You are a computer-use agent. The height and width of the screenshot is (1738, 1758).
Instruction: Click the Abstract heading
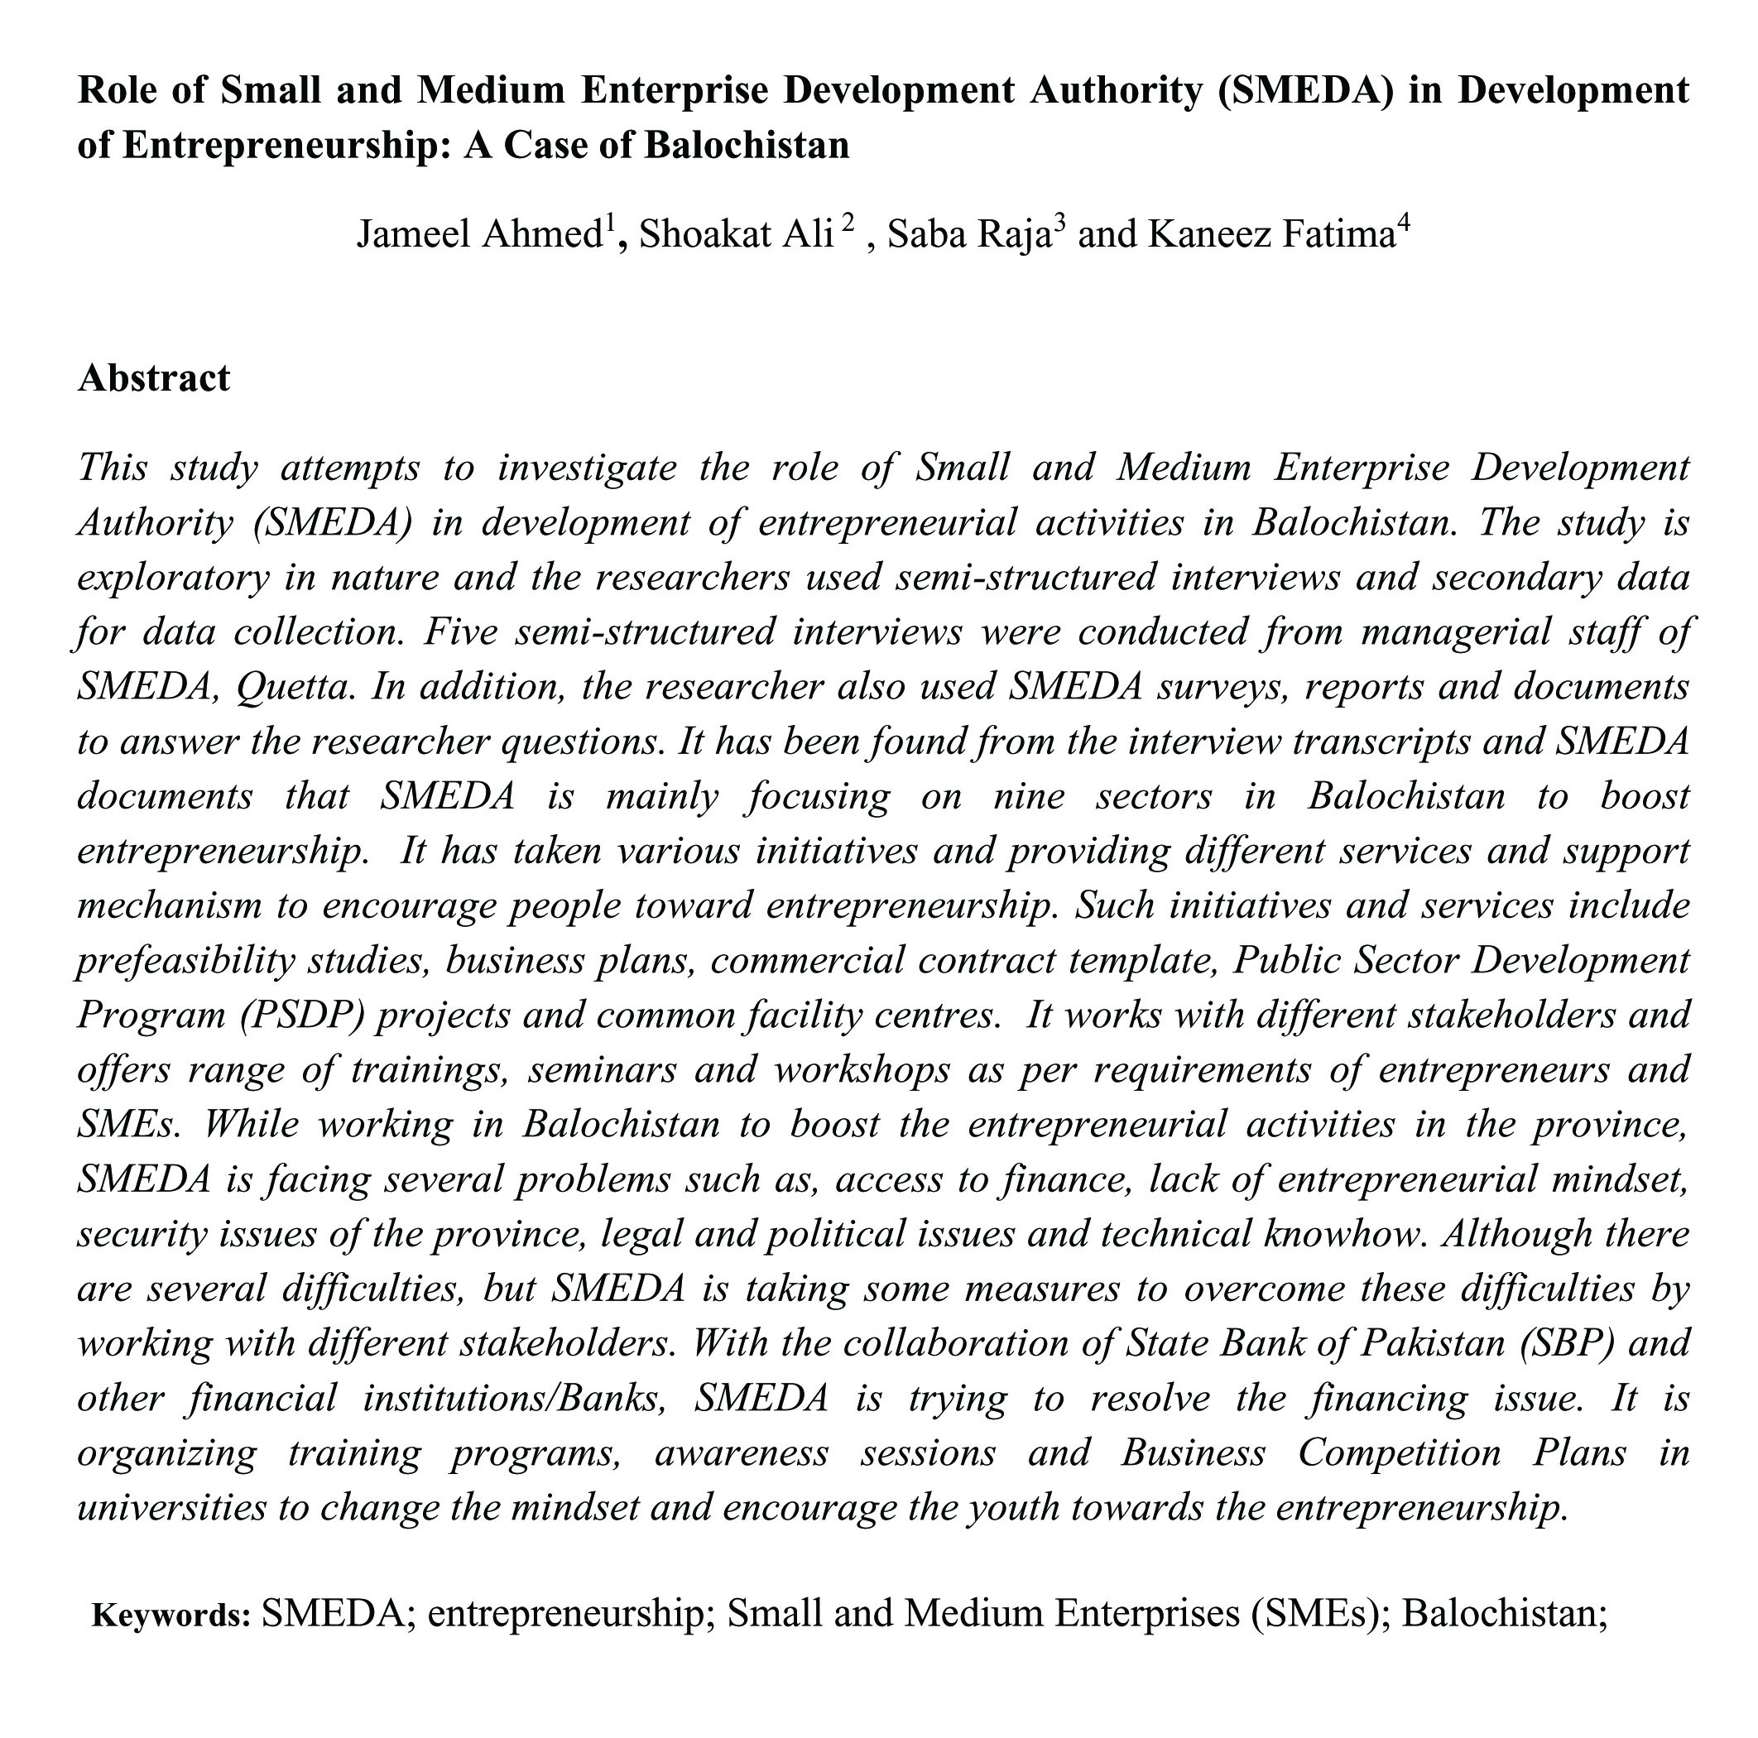click(154, 378)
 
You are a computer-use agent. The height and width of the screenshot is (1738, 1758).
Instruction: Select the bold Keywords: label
click(171, 1616)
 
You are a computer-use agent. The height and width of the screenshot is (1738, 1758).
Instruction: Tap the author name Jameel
click(415, 235)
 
